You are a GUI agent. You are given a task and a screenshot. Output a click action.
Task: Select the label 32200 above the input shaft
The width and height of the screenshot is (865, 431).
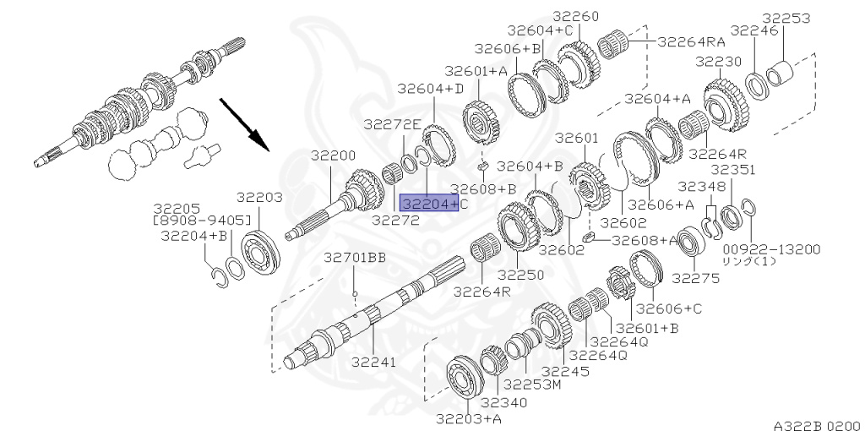click(333, 155)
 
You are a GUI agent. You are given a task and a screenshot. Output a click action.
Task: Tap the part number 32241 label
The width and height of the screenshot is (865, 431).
click(374, 362)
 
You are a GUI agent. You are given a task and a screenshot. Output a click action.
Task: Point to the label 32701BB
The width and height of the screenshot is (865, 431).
click(355, 258)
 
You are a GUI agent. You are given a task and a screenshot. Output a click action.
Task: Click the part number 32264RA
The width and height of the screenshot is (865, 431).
click(692, 41)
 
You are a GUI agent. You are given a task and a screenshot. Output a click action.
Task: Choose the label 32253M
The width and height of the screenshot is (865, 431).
click(532, 384)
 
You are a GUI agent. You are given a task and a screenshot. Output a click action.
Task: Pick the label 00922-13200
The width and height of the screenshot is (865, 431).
click(772, 249)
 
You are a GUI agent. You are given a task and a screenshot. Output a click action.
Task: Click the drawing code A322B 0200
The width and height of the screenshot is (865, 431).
click(817, 425)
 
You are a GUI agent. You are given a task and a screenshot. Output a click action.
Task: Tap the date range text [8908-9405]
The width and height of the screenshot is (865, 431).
click(202, 221)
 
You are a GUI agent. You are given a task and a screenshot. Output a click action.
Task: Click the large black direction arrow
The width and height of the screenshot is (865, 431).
click(244, 124)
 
